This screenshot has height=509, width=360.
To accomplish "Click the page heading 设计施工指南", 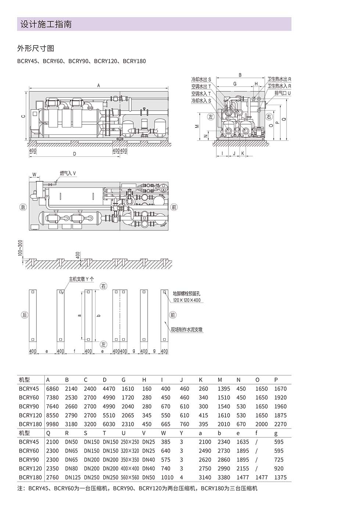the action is (x=46, y=24).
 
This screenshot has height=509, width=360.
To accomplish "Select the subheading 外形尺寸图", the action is (x=36, y=48).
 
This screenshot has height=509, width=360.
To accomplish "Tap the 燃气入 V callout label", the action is (x=68, y=173).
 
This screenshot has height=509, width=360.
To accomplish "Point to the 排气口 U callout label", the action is (x=282, y=93).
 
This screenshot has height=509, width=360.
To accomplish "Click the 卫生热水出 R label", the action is (x=279, y=79).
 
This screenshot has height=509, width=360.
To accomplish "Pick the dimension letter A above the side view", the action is (x=98, y=86).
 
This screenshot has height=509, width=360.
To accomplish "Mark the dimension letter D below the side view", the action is (x=75, y=154).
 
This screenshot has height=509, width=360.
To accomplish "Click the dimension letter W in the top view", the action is (x=34, y=174).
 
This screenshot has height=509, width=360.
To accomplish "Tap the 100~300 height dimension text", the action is (x=20, y=248).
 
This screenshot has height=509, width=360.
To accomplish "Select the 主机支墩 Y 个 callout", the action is (x=81, y=279).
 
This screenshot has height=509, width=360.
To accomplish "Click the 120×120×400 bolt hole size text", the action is (x=187, y=300).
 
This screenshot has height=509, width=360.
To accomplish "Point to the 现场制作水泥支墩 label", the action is (x=187, y=329).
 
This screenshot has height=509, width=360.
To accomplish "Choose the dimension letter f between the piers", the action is (x=75, y=351).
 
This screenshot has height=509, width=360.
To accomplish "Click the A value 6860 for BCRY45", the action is (x=52, y=389).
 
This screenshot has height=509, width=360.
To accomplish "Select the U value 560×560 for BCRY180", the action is (x=130, y=477).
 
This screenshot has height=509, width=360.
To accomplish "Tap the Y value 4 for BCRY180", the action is (x=181, y=477).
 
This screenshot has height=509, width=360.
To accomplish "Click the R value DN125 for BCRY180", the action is (x=73, y=477).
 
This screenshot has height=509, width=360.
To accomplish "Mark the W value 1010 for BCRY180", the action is (x=167, y=477).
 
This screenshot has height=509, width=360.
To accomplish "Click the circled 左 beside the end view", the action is (x=211, y=117).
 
